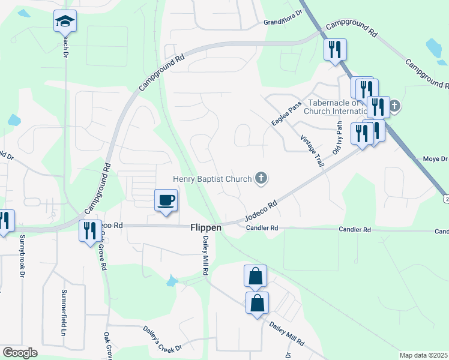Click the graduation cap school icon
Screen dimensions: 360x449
click(x=65, y=22)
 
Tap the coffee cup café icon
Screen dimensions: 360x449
click(x=166, y=200)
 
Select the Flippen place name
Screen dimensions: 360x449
click(x=206, y=228)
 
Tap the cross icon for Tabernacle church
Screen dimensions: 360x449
click(x=394, y=107)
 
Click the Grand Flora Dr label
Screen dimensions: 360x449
click(x=282, y=22)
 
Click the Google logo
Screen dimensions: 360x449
click(x=20, y=353)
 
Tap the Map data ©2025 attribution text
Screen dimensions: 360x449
click(x=423, y=355)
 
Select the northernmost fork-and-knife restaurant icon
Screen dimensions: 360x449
click(x=335, y=49)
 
